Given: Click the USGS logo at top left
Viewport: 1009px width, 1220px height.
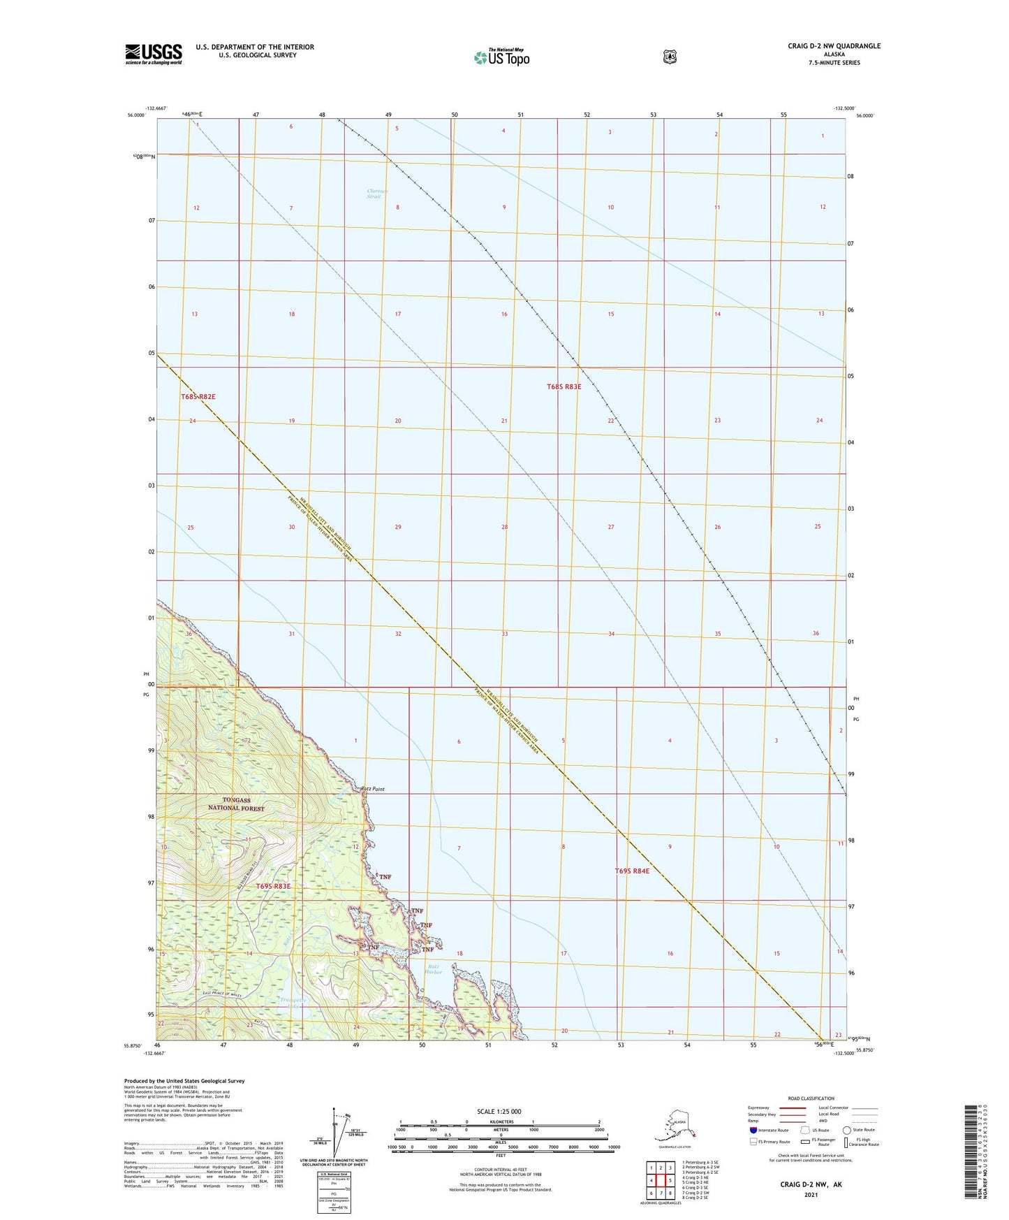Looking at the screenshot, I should pyautogui.click(x=154, y=54).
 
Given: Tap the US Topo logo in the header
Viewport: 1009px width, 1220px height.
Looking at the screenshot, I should pyautogui.click(x=501, y=57).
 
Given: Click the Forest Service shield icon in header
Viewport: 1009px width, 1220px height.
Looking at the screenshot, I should pyautogui.click(x=670, y=57).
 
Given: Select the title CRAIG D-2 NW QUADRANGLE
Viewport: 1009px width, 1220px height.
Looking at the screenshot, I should pyautogui.click(x=834, y=46).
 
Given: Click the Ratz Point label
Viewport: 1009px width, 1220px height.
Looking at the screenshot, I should pyautogui.click(x=373, y=789).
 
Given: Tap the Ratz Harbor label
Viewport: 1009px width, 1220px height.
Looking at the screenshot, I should pyautogui.click(x=434, y=969).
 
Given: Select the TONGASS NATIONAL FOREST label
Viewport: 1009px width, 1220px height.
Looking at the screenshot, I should pyautogui.click(x=236, y=804).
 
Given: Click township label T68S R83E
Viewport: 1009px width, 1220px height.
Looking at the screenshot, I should pyautogui.click(x=564, y=386).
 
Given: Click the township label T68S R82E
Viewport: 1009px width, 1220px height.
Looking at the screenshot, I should pyautogui.click(x=198, y=396).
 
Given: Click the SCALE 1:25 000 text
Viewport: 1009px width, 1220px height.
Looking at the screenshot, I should pyautogui.click(x=499, y=1111).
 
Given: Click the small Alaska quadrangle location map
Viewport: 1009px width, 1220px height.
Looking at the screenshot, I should pyautogui.click(x=674, y=1128).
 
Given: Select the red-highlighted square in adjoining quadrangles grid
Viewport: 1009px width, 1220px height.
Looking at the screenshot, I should pyautogui.click(x=660, y=1181).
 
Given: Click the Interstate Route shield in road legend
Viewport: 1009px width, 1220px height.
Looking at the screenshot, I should pyautogui.click(x=753, y=1130).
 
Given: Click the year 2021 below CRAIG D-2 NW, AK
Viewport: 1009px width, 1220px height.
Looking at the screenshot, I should pyautogui.click(x=810, y=1194).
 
